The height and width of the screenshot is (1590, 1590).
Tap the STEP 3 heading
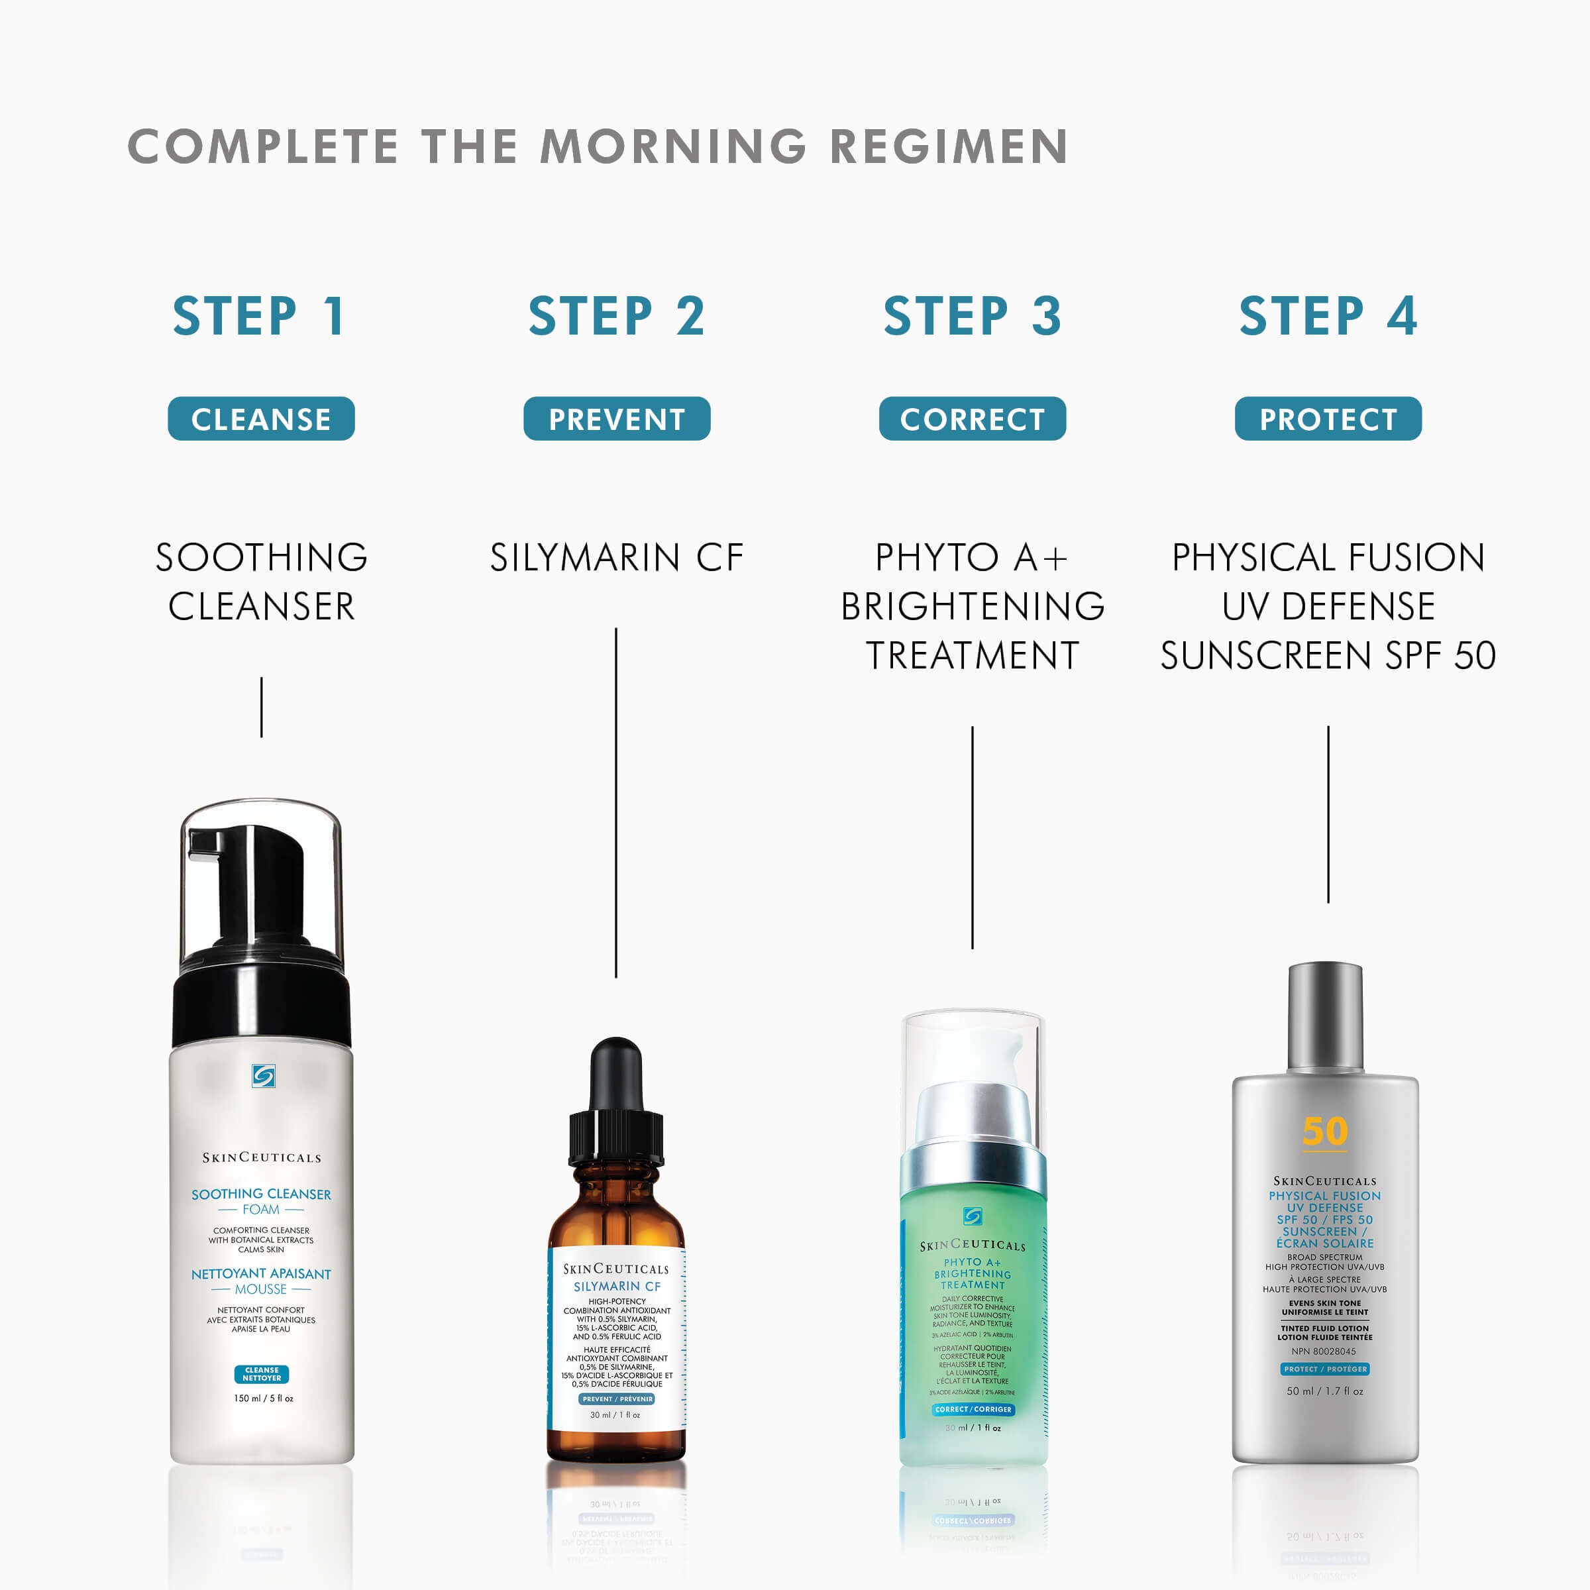point(972,316)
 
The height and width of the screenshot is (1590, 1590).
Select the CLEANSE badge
point(261,419)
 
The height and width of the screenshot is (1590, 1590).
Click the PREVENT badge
point(616,419)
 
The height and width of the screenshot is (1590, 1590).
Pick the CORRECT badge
point(972,419)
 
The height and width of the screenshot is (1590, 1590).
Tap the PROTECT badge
point(1328,419)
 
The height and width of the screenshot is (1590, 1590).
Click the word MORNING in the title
point(673,146)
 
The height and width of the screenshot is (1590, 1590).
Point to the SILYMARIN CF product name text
point(616,557)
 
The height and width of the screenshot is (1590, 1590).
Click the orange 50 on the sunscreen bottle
point(1324,1131)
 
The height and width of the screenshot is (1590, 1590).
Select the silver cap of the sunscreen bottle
point(1324,1016)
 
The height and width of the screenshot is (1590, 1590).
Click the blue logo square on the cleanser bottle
point(264,1076)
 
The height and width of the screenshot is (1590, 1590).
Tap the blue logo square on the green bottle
point(972,1216)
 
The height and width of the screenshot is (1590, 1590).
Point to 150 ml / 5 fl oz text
point(264,1399)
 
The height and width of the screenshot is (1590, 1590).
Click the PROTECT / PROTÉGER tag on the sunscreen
point(1324,1369)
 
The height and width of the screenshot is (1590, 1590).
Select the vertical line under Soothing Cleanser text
point(262,707)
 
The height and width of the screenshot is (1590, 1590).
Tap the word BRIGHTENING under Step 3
point(972,607)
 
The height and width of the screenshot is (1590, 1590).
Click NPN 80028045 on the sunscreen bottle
point(1324,1351)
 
